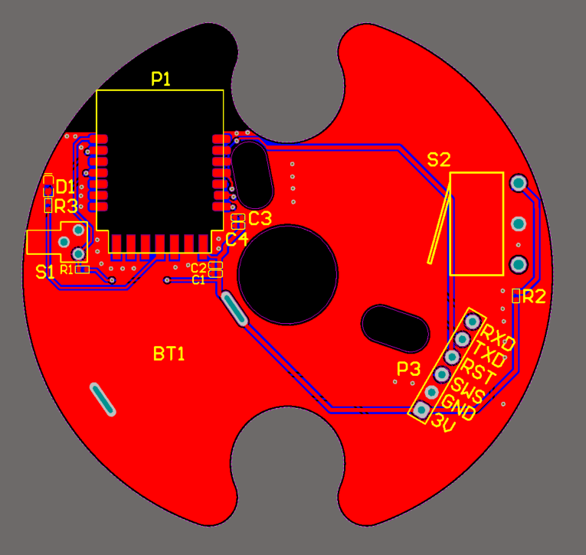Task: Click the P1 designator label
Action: pos(161,79)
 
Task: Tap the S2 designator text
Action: pos(439,160)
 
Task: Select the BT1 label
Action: pos(169,354)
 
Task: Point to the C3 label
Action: pos(260,218)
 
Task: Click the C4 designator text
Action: pos(237,239)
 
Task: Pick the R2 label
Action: pos(534,296)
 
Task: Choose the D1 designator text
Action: pos(65,187)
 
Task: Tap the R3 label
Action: pos(66,207)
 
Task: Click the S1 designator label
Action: pos(45,272)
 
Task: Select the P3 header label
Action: pos(408,369)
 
